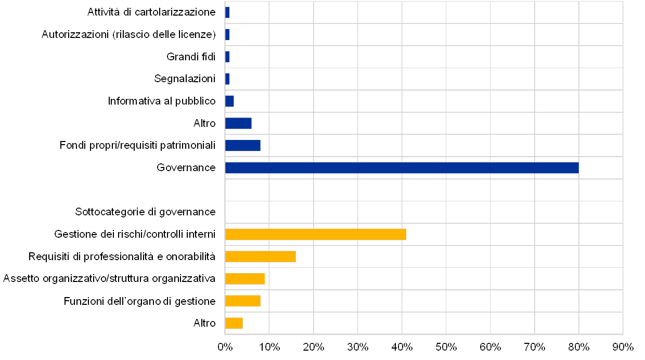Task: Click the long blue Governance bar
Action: coord(402,168)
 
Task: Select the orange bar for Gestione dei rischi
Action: coord(315,235)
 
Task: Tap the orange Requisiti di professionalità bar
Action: coord(260,256)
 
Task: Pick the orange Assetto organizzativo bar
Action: coord(244,279)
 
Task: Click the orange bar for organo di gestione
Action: coord(242,301)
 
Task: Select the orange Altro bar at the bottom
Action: coord(234,323)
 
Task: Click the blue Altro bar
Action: coord(238,123)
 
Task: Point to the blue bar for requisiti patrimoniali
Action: coord(242,146)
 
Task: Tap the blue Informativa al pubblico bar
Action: coord(229,101)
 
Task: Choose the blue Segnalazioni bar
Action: coord(227,79)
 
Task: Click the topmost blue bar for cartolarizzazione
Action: coord(227,12)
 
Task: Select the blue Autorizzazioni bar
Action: coord(227,35)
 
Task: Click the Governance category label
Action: coord(186,168)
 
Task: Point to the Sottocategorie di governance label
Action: coord(145,212)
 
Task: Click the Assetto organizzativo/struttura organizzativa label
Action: coord(109,279)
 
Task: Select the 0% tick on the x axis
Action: coord(225,346)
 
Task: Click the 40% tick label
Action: coord(402,346)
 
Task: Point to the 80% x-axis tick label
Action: coord(579,346)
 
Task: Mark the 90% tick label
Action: coord(623,346)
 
